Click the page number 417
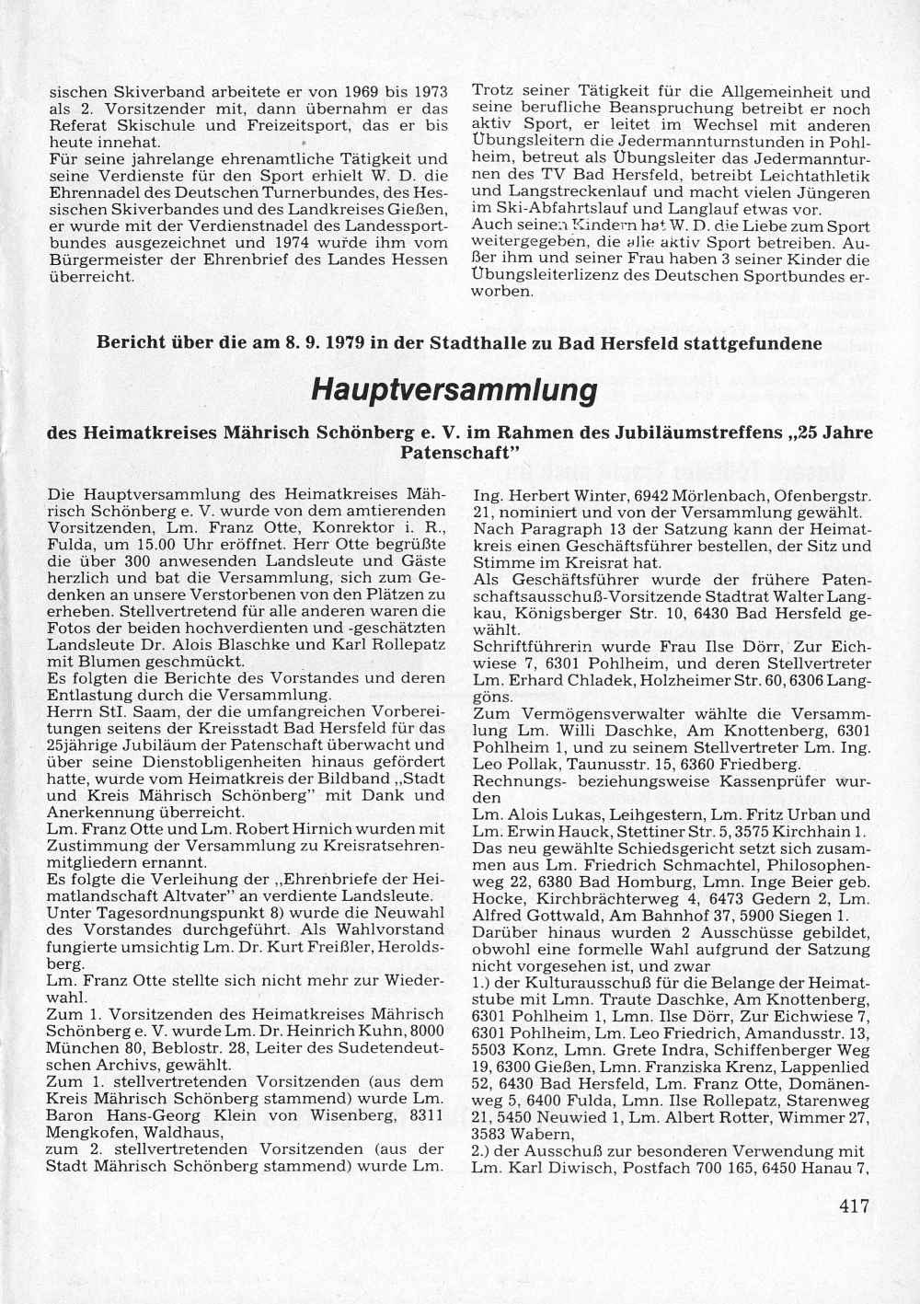[854, 1206]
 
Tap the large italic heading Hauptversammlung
[454, 390]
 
